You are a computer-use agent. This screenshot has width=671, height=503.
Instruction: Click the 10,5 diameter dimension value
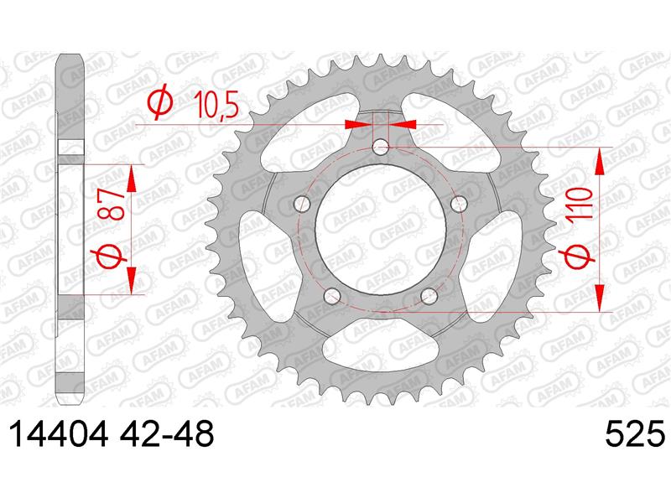coord(216,105)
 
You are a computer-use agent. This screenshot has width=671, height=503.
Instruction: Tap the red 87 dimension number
coord(111,205)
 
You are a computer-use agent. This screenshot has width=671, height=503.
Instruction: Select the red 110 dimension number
coord(580,203)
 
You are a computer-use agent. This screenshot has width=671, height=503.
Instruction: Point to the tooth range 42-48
coord(166,433)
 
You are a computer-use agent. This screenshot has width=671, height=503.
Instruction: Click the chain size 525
coord(636,433)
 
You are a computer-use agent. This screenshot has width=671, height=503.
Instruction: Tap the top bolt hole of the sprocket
coord(381,148)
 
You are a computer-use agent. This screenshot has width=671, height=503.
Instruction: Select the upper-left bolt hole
coord(302,204)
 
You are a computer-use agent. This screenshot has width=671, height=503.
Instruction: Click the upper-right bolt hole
coord(459,204)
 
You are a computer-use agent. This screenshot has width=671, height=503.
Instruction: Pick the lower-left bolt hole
coord(331,296)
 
